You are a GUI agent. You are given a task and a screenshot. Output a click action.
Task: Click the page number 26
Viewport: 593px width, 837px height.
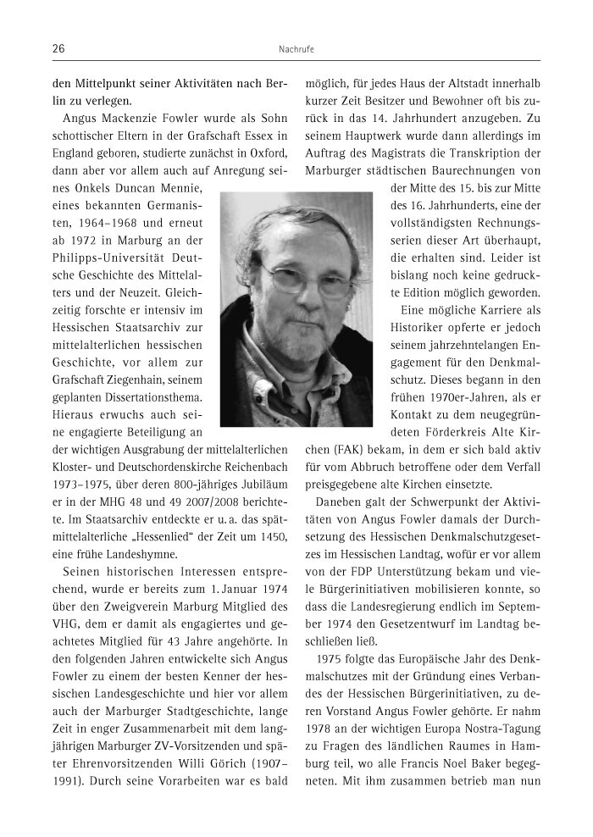coord(59,49)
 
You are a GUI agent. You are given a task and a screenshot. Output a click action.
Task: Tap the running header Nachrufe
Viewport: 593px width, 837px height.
coord(296,50)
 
